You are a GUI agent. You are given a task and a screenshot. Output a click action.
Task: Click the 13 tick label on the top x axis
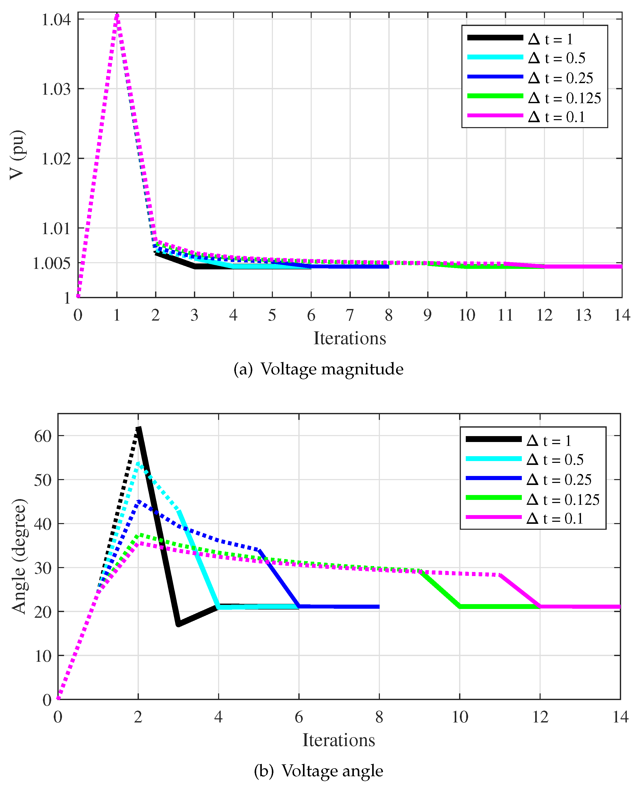[583, 315]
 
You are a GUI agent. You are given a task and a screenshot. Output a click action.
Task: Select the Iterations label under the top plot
[350, 338]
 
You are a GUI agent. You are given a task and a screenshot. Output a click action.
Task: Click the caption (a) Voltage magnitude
[318, 369]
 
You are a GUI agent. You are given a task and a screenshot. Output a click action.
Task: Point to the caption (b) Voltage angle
[318, 771]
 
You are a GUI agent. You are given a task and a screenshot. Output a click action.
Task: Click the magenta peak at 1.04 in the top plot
[117, 16]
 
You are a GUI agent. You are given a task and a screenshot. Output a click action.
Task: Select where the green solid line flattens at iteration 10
[460, 607]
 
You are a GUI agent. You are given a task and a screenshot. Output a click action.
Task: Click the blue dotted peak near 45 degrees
[139, 501]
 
